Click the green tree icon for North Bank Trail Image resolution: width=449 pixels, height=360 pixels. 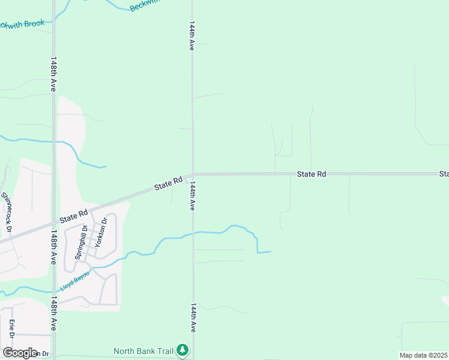182,350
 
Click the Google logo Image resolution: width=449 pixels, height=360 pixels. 20,353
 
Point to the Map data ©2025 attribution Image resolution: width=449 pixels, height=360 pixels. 423,355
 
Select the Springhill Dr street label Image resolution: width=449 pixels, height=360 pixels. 81,242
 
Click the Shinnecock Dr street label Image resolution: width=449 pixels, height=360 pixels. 7,212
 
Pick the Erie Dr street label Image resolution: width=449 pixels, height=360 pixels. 11,329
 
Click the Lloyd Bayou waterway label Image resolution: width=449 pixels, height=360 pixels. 74,281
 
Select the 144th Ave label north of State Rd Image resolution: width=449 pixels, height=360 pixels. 192,36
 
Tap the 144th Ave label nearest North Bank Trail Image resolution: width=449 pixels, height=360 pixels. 193,317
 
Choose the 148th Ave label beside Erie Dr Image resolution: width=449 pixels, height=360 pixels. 53,313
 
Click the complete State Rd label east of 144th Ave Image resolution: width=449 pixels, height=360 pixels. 312,174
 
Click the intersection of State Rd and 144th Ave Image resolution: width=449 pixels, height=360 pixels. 193,175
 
